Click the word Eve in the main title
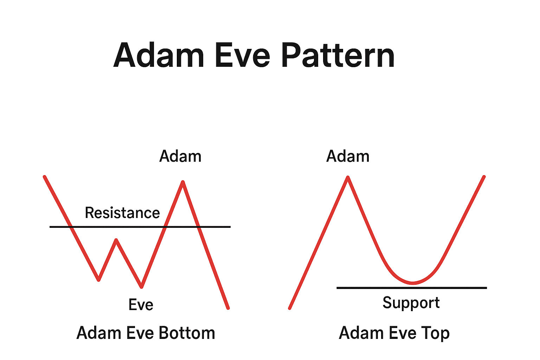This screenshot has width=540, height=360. click(242, 56)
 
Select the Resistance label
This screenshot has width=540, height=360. click(122, 213)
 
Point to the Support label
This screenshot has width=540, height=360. click(411, 303)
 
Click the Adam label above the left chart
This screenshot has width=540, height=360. click(180, 156)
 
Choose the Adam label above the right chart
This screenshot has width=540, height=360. click(348, 156)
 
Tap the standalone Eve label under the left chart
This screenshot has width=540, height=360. click(141, 305)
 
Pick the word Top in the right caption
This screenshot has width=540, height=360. click(435, 333)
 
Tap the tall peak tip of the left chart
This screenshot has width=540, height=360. click(183, 182)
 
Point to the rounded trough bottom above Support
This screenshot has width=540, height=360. click(412, 283)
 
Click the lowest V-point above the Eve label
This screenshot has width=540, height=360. click(141, 287)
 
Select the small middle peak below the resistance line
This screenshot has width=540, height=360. click(116, 240)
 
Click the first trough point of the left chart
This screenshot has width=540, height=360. click(99, 279)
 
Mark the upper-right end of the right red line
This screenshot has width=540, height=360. click(484, 176)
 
